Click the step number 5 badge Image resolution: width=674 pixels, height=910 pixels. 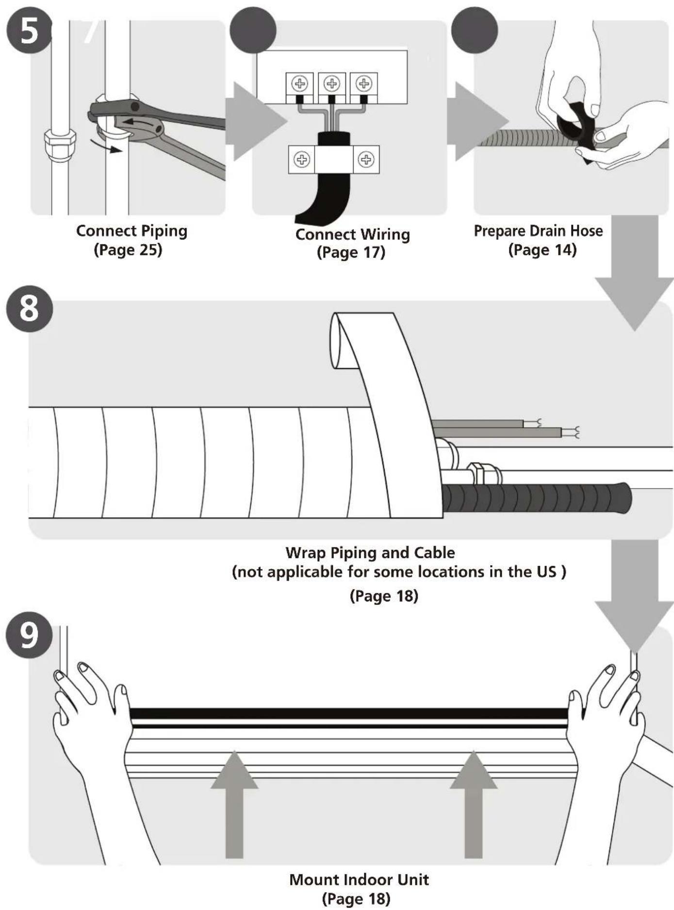(29, 31)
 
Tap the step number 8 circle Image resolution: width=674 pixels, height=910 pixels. (29, 309)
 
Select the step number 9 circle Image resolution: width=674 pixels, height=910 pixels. (29, 634)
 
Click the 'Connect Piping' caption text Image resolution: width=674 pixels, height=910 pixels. (132, 231)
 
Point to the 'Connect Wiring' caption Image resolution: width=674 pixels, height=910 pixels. (353, 234)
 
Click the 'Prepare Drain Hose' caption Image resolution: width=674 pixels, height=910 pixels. (538, 231)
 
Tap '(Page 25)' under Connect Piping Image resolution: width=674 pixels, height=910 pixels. (128, 250)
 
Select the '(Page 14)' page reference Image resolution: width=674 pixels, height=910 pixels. (542, 250)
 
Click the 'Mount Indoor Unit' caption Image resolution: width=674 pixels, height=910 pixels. (359, 879)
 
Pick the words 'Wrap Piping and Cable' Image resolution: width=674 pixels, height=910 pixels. (370, 552)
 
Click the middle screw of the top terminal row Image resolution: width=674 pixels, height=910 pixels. (332, 83)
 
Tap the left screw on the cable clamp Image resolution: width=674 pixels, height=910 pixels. (302, 159)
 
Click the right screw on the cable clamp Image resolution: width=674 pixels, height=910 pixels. (366, 159)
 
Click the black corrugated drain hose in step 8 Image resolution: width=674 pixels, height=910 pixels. (536, 497)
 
